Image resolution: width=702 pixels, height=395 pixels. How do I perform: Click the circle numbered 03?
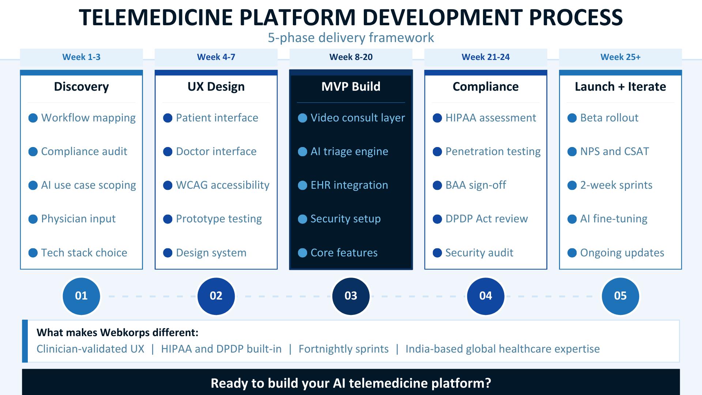[x=351, y=296]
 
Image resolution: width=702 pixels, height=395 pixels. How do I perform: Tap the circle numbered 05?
[x=620, y=296]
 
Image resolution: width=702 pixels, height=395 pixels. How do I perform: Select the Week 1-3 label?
[x=81, y=57]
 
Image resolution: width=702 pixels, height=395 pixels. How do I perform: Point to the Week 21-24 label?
[x=485, y=57]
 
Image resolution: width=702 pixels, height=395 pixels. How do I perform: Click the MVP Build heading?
[x=351, y=87]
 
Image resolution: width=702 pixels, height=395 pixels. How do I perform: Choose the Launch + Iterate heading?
[x=620, y=87]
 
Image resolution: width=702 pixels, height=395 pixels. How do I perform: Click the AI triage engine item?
[x=349, y=151]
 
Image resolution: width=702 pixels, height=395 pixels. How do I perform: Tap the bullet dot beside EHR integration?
[x=302, y=185]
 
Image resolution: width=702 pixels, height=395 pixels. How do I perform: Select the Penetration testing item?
[x=492, y=151]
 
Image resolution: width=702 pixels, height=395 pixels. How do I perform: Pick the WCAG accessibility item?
[x=222, y=185]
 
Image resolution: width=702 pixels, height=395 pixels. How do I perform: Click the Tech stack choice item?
[x=84, y=253]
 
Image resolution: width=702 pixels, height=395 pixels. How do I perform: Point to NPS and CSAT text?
[x=614, y=151]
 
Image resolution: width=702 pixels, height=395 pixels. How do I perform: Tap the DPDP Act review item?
[x=486, y=219]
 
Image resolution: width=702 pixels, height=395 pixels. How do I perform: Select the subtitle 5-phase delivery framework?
[x=351, y=38]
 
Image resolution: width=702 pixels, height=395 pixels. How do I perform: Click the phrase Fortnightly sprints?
[x=343, y=349]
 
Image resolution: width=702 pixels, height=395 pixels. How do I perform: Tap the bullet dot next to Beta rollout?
[x=572, y=118]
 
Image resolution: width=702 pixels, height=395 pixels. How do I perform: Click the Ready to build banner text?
[x=351, y=383]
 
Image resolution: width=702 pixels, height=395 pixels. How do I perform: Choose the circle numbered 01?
[x=81, y=296]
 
